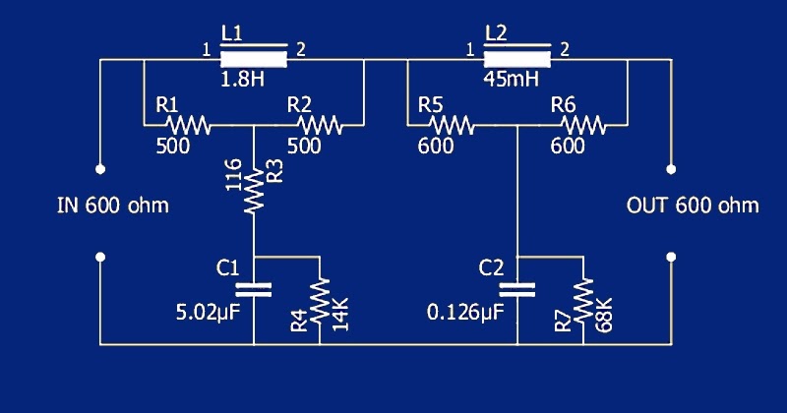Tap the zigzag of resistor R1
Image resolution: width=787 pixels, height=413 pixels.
[x=188, y=125]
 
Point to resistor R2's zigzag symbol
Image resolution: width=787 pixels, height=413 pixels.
[x=320, y=125]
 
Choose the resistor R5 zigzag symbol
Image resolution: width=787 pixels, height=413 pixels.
[x=452, y=125]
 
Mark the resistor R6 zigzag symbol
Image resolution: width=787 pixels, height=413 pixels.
[x=583, y=125]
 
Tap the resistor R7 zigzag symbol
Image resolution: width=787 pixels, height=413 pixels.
[x=583, y=298]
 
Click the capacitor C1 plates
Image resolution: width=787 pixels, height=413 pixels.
[x=254, y=289]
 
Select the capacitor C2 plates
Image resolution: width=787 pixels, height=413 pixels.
[x=517, y=289]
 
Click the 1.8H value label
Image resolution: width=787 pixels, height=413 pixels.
[x=242, y=80]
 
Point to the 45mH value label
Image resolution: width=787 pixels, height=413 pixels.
[x=511, y=80]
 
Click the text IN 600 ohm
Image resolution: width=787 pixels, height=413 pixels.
[x=113, y=206]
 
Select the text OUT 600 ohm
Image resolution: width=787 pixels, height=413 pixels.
[x=693, y=206]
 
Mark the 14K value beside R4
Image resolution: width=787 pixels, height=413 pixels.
[x=341, y=320]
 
